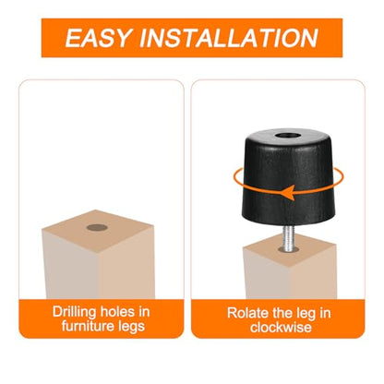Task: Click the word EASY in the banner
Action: pos(99,38)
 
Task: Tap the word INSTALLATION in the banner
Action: pos(229,38)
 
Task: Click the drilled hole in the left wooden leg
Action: pos(97,228)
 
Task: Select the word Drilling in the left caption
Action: pos(74,312)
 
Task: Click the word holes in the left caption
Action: pos(117,312)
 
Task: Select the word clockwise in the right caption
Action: pos(281,327)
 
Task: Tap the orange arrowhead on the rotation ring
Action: pos(290,193)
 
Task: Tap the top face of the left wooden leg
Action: pos(98,230)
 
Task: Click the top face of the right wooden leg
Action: pos(289,249)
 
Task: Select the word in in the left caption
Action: pos(144,312)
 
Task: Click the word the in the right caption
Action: pos(281,313)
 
